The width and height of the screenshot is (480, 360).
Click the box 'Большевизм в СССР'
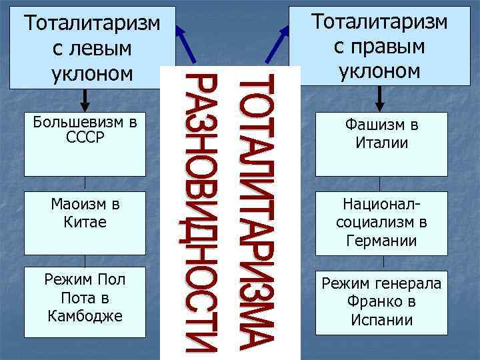[x=85, y=143]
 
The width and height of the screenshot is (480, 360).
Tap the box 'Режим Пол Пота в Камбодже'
[x=85, y=297]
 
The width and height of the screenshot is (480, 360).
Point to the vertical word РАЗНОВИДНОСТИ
[x=200, y=212]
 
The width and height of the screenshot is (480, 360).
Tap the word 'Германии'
[x=381, y=241]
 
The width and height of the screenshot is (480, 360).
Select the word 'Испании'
[x=381, y=320]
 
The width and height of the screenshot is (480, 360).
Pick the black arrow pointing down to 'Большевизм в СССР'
[x=85, y=100]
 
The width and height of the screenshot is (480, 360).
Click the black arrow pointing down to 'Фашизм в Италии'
[x=379, y=98]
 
